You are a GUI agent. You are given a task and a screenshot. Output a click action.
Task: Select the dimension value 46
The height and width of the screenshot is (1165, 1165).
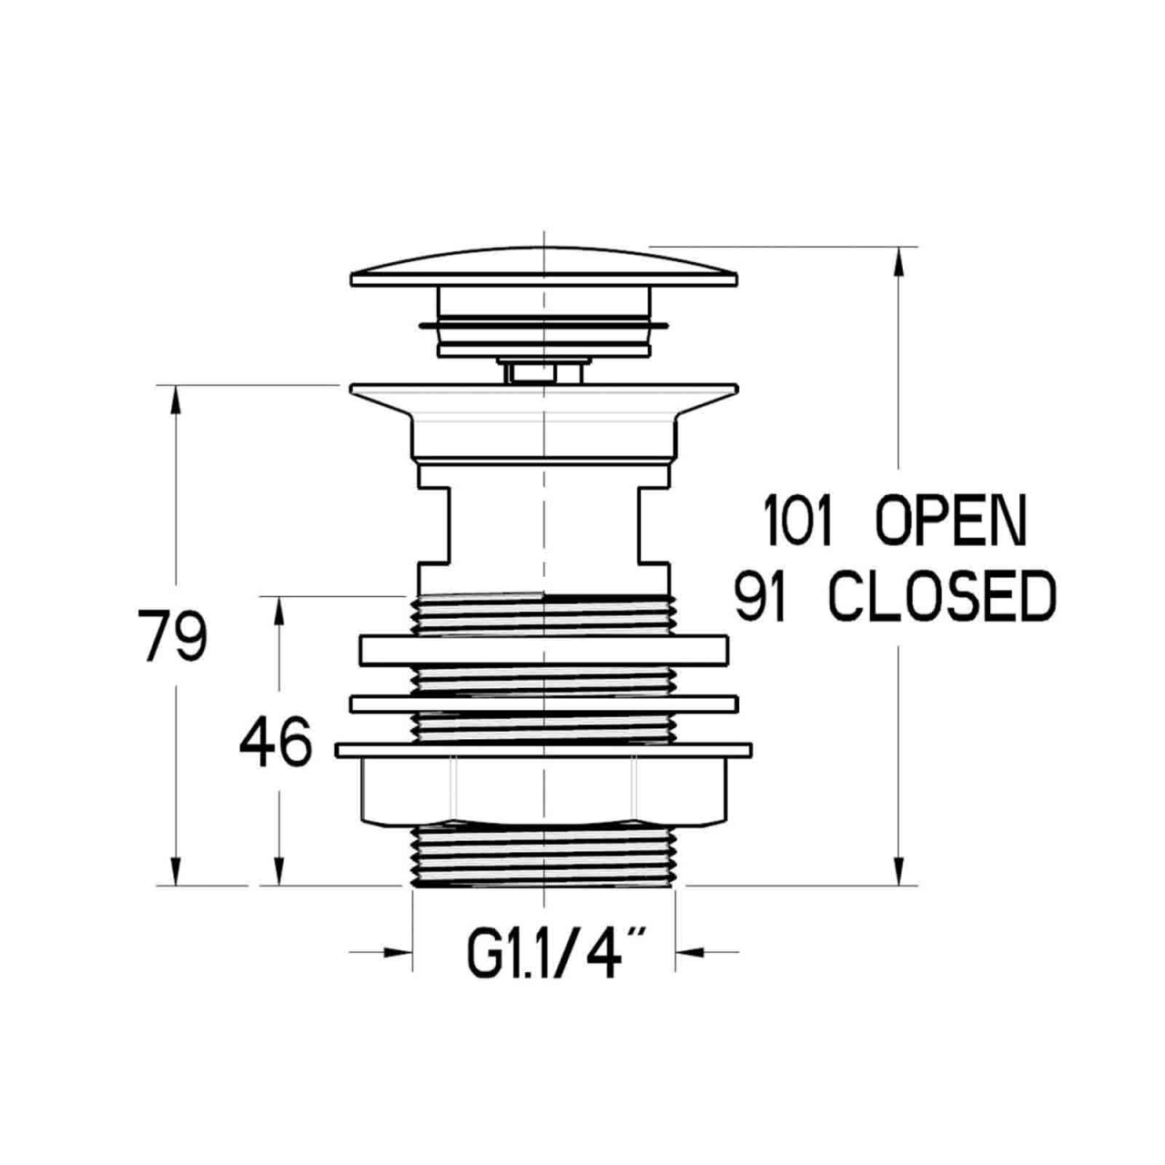pos(276,742)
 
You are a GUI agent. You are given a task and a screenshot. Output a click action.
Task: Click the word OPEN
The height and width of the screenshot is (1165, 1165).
pos(951,520)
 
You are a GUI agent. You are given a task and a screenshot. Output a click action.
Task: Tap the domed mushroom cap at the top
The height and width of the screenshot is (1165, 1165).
pos(544,266)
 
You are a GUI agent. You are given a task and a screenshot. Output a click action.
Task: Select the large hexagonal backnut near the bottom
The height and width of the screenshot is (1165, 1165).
pos(544,791)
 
